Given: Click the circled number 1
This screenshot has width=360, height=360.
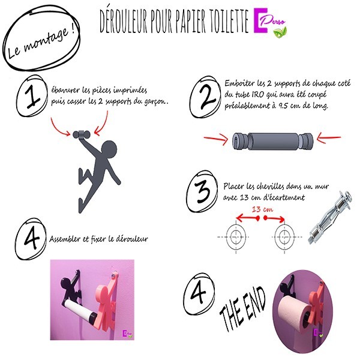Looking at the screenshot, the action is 32,96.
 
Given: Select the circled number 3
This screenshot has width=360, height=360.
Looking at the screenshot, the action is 203,191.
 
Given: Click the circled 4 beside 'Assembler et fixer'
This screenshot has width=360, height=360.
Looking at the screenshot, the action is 31,239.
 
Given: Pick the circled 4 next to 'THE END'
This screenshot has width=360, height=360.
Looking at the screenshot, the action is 199,295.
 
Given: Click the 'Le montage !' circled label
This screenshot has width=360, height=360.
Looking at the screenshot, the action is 41,38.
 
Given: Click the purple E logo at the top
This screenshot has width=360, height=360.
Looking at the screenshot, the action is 260,20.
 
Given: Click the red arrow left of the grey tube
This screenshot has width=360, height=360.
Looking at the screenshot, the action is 216,139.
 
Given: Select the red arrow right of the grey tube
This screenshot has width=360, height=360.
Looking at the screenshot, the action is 329,139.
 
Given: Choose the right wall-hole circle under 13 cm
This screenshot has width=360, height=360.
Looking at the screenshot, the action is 284,237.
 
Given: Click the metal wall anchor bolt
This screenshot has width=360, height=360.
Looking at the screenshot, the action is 329,217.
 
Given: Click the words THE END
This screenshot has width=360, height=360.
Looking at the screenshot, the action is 243,308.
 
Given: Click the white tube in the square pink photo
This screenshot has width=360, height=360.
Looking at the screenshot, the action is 77,309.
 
